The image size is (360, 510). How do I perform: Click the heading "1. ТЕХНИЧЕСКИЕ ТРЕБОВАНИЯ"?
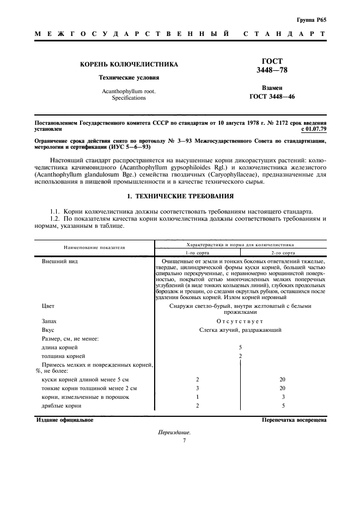(180, 195)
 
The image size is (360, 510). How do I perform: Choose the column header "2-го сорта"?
(283, 253)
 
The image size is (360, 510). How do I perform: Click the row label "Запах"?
(50, 321)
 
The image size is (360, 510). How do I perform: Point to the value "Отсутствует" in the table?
(240, 321)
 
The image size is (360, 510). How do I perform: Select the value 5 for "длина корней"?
(240, 347)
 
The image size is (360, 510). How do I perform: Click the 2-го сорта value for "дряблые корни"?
(283, 406)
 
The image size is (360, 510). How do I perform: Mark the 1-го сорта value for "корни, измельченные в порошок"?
(197, 397)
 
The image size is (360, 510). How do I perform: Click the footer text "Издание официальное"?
(65, 420)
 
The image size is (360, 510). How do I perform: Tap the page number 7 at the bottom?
(185, 440)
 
